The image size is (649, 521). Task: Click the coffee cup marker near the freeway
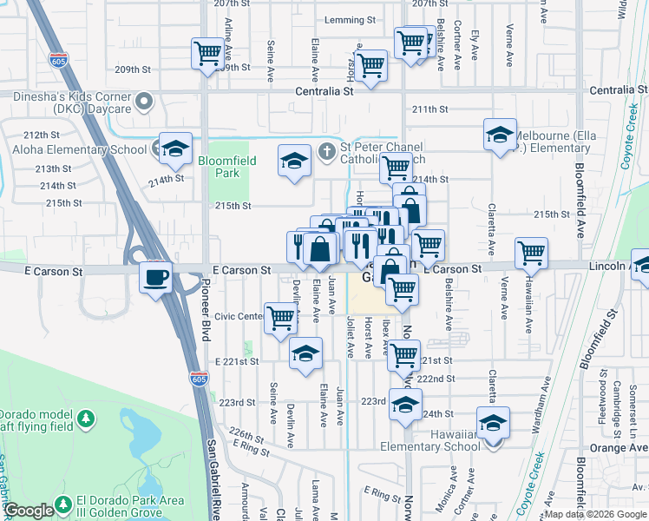tap(156, 278)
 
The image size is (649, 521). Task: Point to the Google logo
tap(29, 511)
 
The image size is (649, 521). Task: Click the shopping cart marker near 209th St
tap(207, 54)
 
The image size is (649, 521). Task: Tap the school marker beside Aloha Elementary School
tap(175, 148)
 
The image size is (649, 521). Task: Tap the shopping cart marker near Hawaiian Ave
tap(531, 253)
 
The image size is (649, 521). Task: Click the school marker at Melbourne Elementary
tap(501, 135)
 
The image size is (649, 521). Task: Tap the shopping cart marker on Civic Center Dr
tap(280, 318)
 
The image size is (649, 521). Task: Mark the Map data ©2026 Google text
tap(596, 514)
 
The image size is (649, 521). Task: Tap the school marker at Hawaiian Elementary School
tap(493, 424)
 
